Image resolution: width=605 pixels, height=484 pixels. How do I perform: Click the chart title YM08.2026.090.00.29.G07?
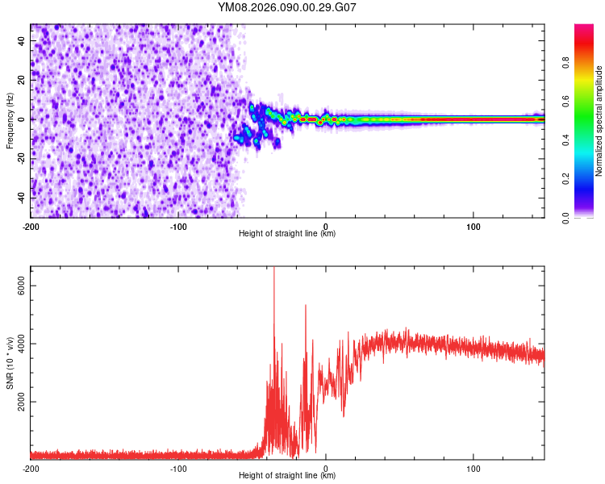[287, 8]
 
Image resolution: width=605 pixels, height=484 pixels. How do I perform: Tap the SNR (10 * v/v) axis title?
[10, 362]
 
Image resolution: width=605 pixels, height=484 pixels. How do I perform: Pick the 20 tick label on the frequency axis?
[22, 80]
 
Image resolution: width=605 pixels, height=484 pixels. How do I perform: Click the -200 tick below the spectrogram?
[31, 226]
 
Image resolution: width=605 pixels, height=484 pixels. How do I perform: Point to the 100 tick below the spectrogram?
[474, 226]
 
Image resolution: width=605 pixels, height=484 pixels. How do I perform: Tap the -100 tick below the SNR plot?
[178, 468]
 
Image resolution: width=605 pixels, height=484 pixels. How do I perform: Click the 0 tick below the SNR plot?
[326, 468]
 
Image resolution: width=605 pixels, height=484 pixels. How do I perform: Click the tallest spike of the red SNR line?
[274, 269]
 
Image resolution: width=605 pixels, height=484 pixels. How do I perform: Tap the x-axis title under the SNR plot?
[287, 476]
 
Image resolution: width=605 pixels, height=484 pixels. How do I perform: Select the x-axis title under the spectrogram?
[287, 234]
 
